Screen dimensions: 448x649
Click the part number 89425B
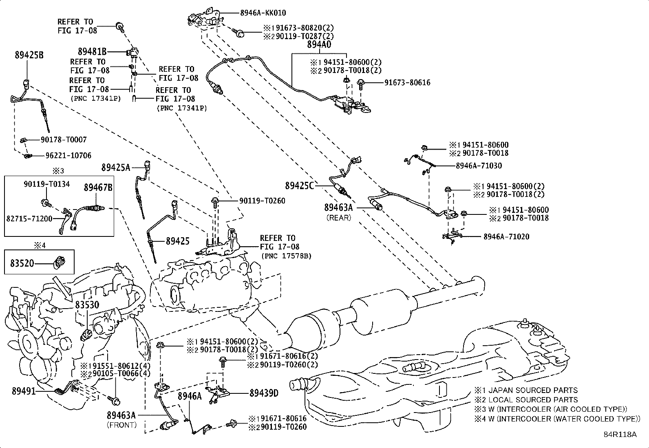tap(29, 55)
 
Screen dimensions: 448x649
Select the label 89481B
tap(92, 51)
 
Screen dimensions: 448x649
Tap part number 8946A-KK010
tap(263, 13)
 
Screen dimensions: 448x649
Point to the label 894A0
tap(319, 44)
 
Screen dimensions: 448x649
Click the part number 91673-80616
tap(407, 83)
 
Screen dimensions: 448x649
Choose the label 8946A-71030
tap(479, 166)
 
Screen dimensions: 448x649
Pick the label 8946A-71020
tap(506, 236)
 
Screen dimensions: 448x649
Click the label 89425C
tap(299, 186)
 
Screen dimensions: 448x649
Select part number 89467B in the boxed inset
tap(98, 188)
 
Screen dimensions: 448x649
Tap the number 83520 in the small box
tap(22, 264)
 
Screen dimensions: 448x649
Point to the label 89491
tap(24, 391)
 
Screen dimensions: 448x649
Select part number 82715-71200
tap(29, 218)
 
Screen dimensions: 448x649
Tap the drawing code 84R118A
tap(620, 435)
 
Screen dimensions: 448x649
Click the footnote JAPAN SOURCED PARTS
tap(533, 390)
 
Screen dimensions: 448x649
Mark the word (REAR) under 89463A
tap(338, 218)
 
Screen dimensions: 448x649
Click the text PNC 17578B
tap(286, 256)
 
